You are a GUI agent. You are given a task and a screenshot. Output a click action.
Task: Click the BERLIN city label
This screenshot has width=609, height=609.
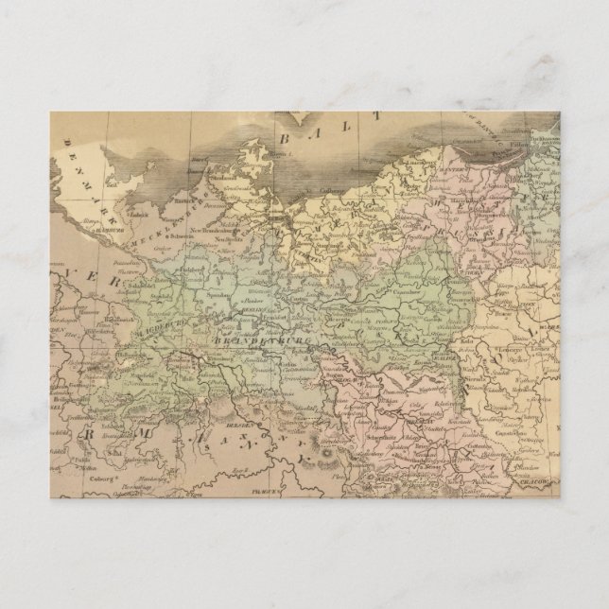(x=252, y=320)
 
